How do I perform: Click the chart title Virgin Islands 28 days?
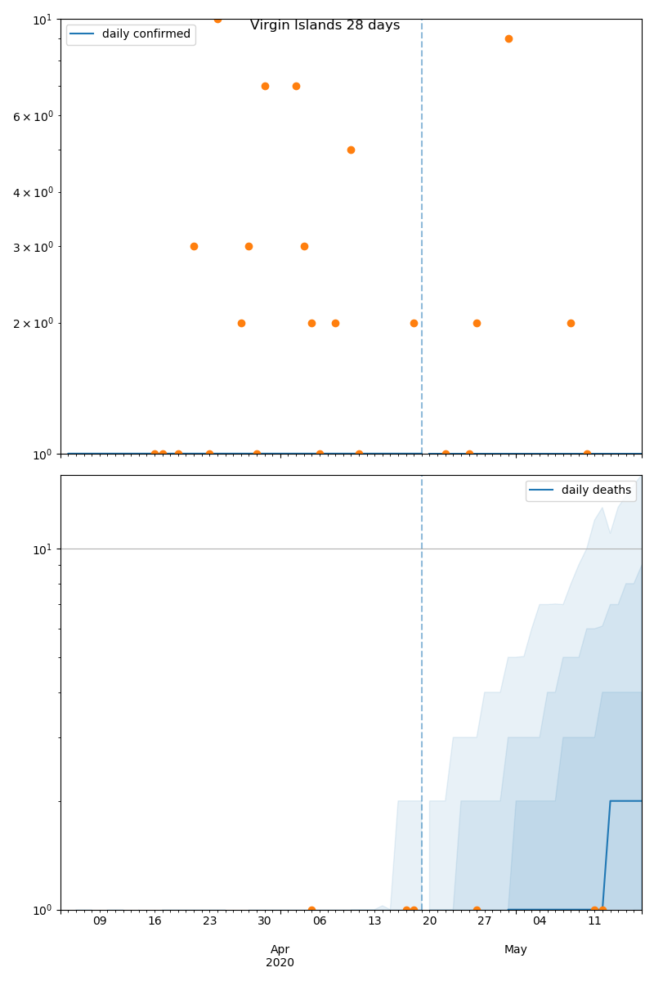click(325, 25)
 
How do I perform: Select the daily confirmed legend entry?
click(146, 34)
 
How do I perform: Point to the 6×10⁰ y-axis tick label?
click(32, 116)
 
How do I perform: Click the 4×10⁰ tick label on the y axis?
click(32, 192)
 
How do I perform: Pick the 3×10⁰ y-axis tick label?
click(32, 246)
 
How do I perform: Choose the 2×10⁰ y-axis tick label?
click(32, 323)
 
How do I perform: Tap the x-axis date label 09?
click(100, 921)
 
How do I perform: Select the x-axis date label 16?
click(155, 921)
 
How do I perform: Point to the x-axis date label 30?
click(264, 921)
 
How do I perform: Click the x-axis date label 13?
click(374, 921)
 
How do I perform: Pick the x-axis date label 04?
click(540, 921)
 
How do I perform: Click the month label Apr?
click(280, 949)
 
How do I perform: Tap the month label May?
click(515, 949)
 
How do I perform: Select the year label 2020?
click(280, 962)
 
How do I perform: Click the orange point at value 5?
click(351, 150)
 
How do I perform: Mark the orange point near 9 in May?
click(508, 38)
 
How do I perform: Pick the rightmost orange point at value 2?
click(571, 323)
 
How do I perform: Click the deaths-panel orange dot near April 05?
click(311, 909)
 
